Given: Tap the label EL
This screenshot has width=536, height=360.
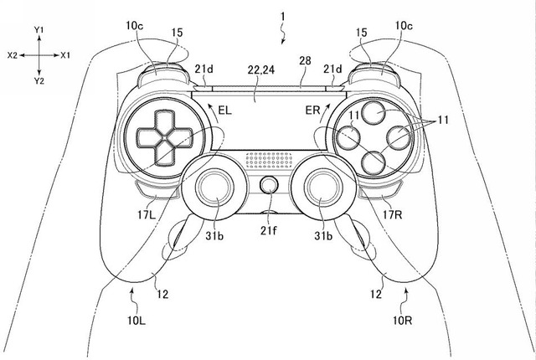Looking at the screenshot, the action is click(224, 110).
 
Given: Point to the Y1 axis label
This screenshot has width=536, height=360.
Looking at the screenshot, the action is click(39, 28).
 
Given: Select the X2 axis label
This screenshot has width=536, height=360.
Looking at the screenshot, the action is click(12, 54).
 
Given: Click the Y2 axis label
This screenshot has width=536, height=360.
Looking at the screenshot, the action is click(39, 80).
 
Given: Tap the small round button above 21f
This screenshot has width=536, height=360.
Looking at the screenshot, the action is click(269, 187).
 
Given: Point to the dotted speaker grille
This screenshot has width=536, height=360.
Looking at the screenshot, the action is click(269, 155).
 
